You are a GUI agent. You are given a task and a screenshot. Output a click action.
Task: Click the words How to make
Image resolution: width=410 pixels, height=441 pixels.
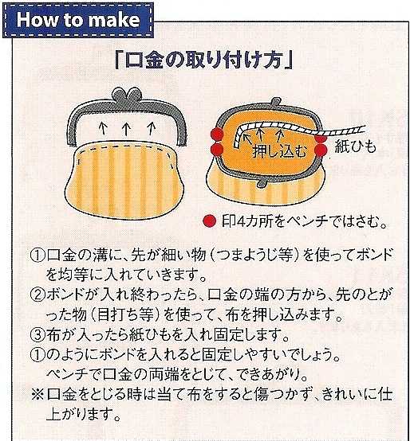pos(78,20)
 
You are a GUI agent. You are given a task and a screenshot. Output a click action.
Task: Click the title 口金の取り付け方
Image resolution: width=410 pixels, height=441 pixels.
pos(204,60)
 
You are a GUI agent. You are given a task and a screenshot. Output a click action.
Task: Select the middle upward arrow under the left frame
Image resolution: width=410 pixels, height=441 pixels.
pos(126,129)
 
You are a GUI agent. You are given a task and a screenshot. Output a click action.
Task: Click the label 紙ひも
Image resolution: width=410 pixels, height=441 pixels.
pos(355,146)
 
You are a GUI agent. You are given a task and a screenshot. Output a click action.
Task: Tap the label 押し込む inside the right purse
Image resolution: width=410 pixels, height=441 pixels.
pos(279,150)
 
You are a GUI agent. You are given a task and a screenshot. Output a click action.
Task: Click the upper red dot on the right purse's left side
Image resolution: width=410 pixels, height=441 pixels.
pos(217,134)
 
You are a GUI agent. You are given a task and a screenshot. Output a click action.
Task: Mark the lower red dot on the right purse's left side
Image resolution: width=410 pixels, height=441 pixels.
pos(217,150)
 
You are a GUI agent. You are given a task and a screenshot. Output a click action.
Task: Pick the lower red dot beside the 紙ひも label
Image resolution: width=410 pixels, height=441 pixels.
pos(321,150)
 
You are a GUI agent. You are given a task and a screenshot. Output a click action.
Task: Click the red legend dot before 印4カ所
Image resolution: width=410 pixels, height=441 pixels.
pos(209,221)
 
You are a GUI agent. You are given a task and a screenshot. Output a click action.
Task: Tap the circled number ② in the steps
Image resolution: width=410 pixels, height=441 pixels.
pos(37,295)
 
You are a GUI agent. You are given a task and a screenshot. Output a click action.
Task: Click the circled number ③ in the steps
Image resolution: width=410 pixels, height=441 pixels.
pos(37,334)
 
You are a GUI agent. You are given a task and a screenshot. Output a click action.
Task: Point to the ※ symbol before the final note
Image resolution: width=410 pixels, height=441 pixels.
pos(37,394)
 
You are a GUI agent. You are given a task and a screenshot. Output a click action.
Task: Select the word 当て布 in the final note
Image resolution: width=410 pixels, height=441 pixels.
pos(178,394)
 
